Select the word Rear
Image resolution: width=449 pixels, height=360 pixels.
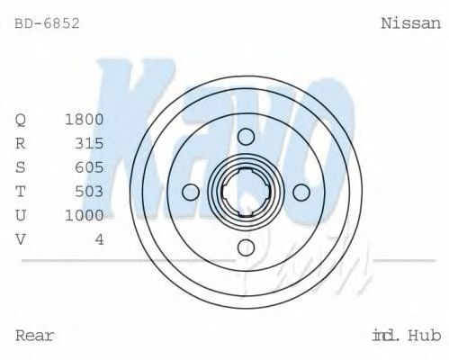point(35,336)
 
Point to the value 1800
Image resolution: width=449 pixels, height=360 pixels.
point(85,119)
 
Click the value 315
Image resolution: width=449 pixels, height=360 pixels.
point(90,143)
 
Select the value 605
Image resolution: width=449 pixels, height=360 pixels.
point(90,167)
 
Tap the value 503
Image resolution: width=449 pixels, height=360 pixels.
point(90,191)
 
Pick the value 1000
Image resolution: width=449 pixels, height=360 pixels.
point(85,215)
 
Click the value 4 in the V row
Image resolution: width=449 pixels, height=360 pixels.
point(100,239)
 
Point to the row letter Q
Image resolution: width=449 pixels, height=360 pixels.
point(21,120)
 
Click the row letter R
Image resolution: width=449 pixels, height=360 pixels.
point(21,143)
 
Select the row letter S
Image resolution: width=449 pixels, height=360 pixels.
point(21,167)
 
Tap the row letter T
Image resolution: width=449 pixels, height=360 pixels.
point(21,191)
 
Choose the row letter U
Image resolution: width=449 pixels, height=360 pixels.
point(21,215)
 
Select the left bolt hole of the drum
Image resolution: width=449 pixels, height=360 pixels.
point(191,192)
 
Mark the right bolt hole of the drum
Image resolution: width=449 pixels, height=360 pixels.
point(301,192)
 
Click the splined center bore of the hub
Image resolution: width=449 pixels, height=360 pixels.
point(247,192)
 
